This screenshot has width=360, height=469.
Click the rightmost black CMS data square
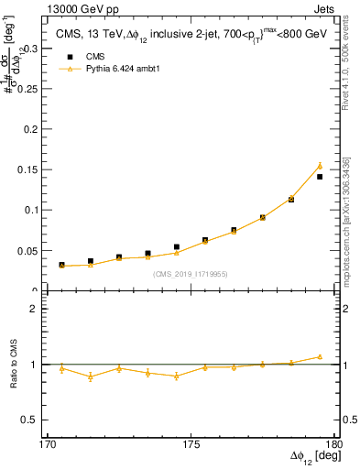click(320, 177)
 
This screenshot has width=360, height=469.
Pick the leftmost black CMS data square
click(61, 265)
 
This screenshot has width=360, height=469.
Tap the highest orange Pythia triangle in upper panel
click(320, 166)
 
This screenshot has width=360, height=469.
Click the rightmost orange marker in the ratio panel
click(320, 356)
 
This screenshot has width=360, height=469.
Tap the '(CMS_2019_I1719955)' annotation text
click(191, 273)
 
